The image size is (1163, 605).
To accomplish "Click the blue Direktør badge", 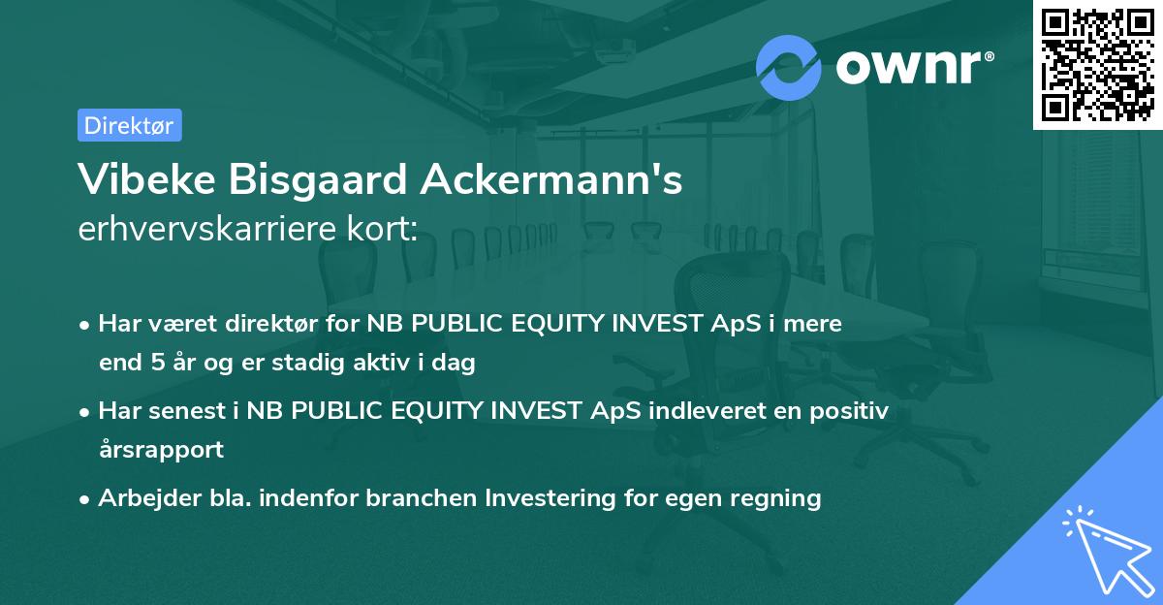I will coord(129,125).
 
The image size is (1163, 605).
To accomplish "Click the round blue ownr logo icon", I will coord(789,67).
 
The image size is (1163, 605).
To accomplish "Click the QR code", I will coord(1097,65).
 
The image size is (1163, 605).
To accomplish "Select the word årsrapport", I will coord(161,449).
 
